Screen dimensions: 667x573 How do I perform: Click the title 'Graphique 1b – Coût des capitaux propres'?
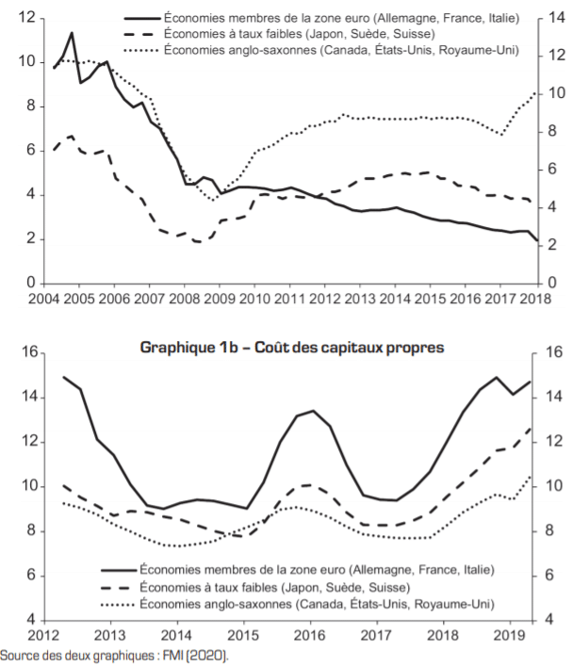(291, 348)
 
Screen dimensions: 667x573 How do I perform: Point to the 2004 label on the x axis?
(43, 299)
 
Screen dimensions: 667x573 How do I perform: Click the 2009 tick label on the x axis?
(218, 299)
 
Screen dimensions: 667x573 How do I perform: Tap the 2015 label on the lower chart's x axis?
(244, 635)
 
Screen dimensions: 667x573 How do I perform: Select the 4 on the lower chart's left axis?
(31, 620)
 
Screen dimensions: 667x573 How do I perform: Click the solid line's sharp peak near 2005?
(72, 33)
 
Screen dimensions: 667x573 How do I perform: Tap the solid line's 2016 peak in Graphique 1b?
(313, 411)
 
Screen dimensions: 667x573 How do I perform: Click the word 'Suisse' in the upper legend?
(412, 36)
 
